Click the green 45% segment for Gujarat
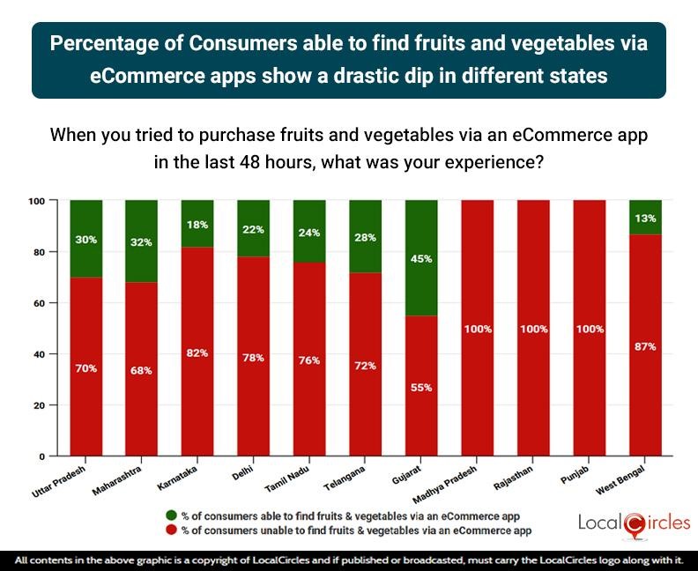422,257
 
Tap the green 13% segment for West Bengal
645,217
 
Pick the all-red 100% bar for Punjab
590,328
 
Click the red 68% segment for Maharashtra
142,369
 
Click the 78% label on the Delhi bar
254,358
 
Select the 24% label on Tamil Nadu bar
309,234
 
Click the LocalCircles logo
634,523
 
